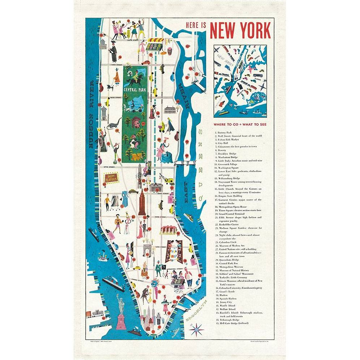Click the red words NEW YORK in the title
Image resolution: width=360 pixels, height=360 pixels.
tap(240, 30)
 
